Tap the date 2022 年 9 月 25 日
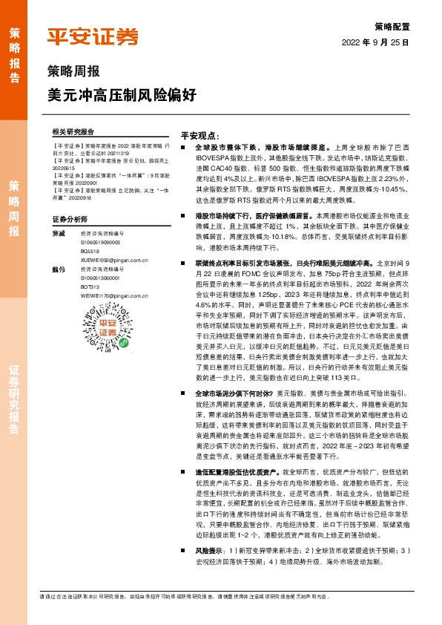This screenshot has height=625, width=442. [376, 43]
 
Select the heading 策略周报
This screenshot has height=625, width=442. [72, 73]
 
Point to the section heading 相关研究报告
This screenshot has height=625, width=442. [74, 131]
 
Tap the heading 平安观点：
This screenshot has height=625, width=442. [202, 135]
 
